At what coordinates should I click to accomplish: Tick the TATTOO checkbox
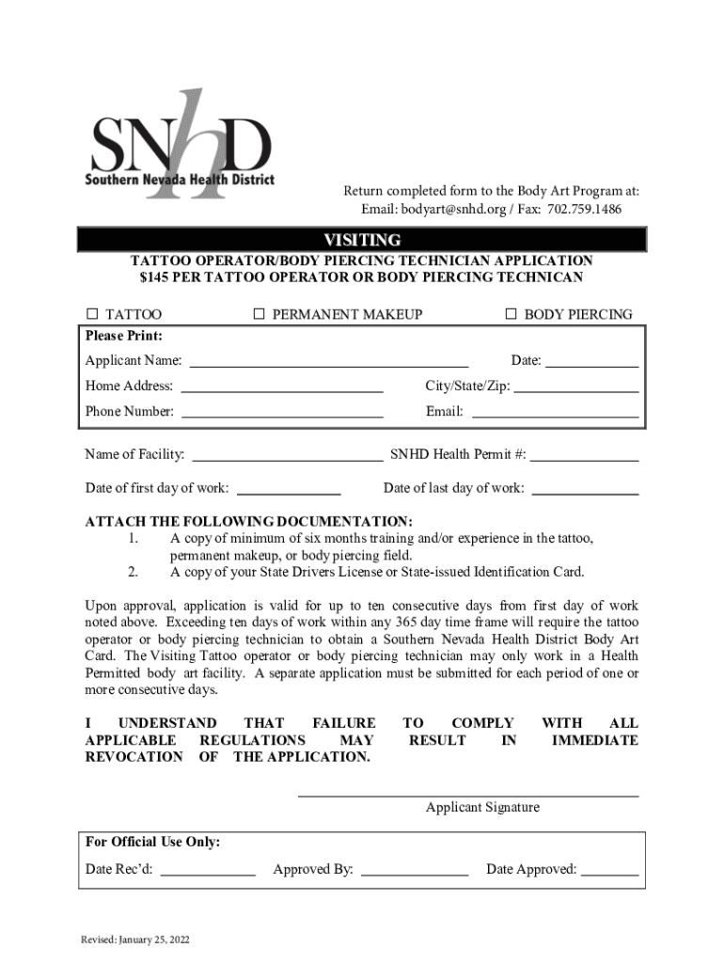point(92,314)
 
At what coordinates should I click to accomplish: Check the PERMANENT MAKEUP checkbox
point(260,314)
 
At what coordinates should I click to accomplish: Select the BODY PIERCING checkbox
point(512,314)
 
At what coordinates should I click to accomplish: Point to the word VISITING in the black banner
point(362,240)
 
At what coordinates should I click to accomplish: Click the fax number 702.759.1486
point(584,208)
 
